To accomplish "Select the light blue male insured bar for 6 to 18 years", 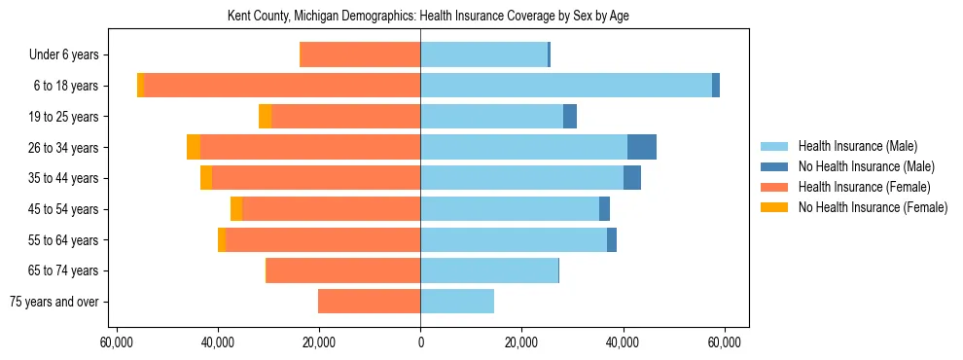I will (566, 86).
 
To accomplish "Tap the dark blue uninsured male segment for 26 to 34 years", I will (642, 147).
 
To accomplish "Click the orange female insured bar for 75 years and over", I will (369, 302).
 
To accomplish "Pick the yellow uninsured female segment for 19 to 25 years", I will (265, 117).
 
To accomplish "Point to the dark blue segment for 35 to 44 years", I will (632, 178).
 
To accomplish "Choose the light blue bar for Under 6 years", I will (483, 54).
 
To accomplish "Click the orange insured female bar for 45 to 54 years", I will (331, 209).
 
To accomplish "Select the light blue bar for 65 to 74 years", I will (489, 270).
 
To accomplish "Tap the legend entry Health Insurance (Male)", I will (857, 146).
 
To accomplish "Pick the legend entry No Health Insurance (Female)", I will (873, 207).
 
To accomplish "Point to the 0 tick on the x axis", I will (420, 342).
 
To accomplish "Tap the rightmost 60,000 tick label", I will (725, 342).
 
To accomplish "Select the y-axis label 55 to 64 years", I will (65, 240).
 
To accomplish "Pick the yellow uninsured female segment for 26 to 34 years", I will (194, 147).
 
